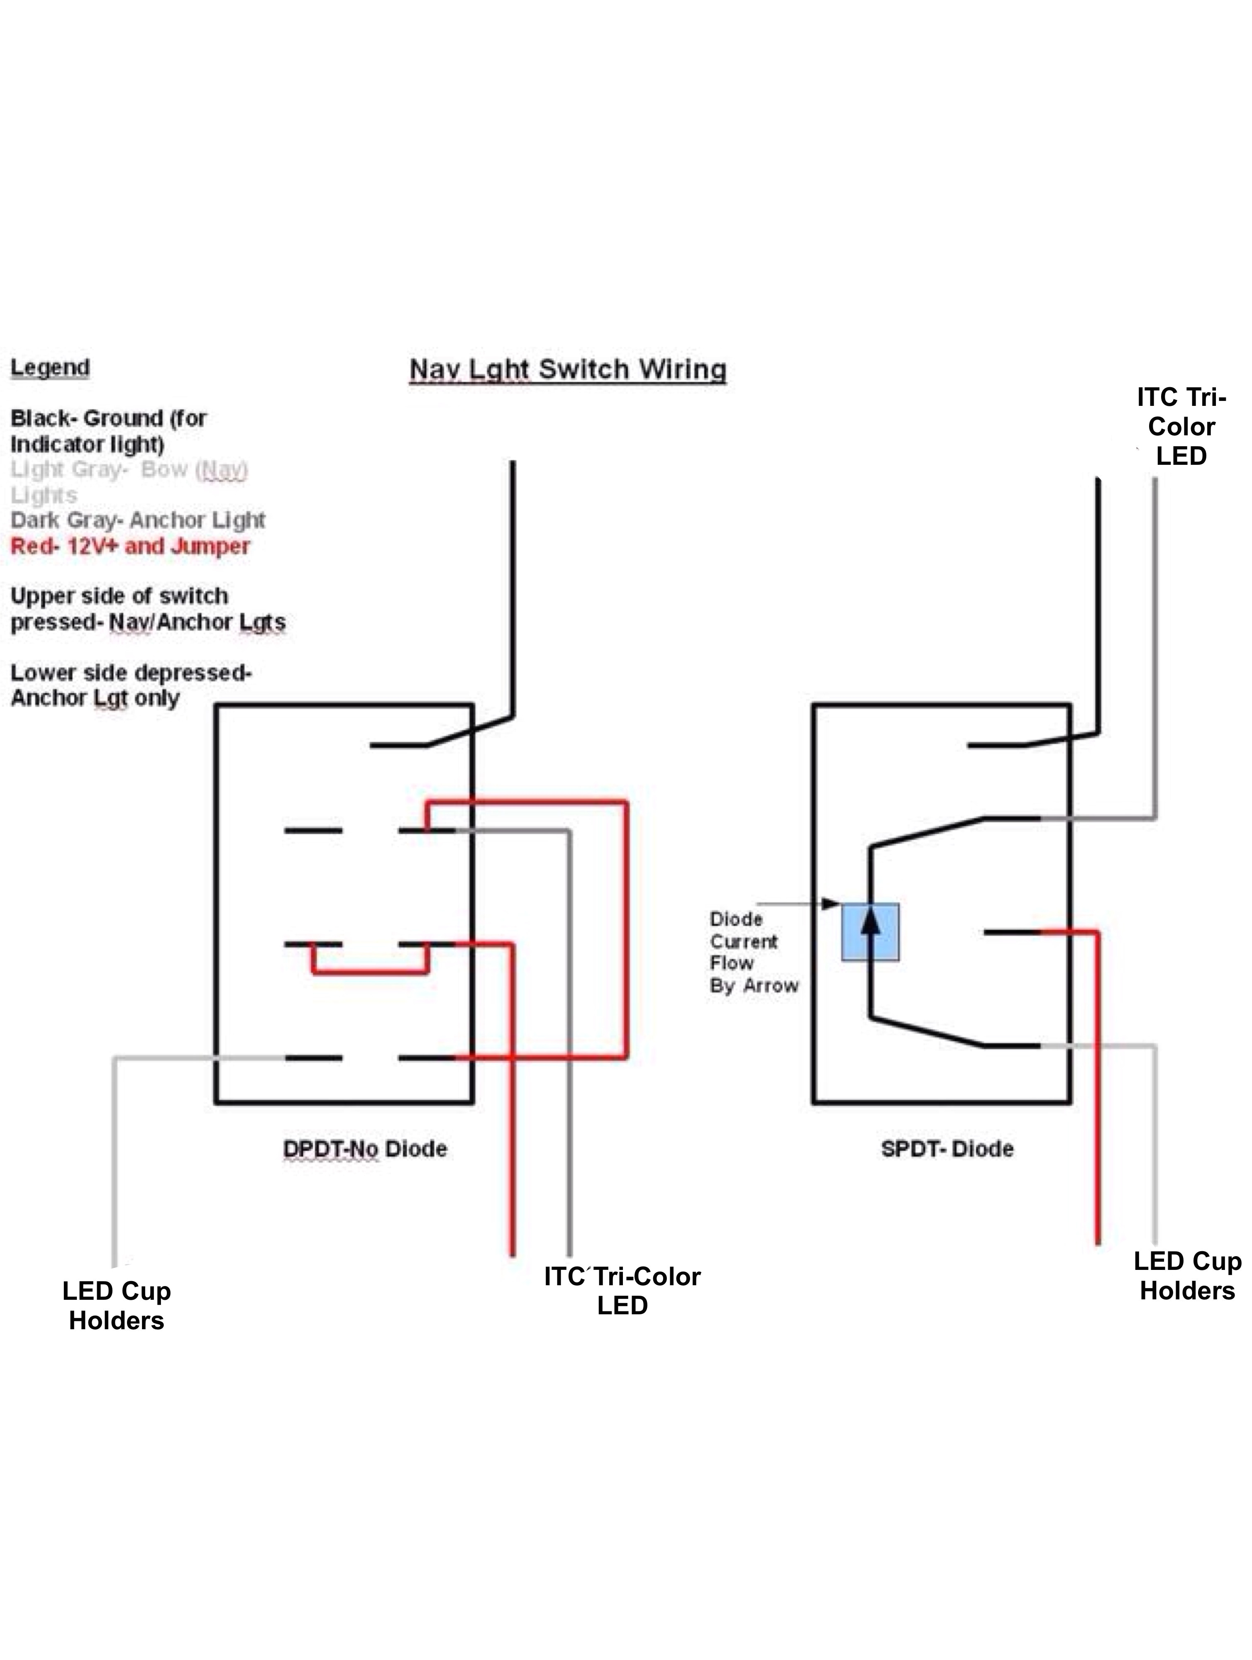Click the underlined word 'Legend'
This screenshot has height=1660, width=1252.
coord(49,368)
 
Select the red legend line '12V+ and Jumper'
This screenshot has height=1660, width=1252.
coord(130,546)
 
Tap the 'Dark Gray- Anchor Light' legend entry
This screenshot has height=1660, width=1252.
coord(137,520)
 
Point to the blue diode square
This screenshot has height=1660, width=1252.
coord(870,932)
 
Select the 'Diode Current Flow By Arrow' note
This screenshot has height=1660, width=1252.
coord(753,952)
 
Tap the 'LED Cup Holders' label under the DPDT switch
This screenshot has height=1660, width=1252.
coord(116,1305)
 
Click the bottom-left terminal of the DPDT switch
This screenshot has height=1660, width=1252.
coord(313,1058)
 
